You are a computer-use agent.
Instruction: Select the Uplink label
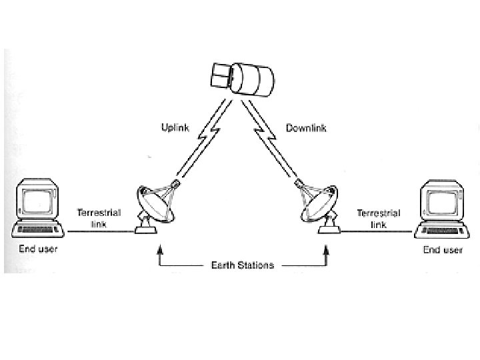pos(176,127)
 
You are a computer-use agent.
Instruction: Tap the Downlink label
pos(305,127)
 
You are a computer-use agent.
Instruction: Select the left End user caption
pos(37,250)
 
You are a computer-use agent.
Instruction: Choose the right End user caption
pos(442,251)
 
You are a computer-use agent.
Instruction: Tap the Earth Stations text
pos(242,265)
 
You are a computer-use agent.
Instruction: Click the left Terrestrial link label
pos(99,218)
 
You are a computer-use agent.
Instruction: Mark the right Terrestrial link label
pos(378,219)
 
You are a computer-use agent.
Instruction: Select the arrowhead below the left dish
pos(159,251)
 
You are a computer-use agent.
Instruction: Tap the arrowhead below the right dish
pos(326,251)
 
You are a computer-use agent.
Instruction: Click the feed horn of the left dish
pos(177,183)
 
